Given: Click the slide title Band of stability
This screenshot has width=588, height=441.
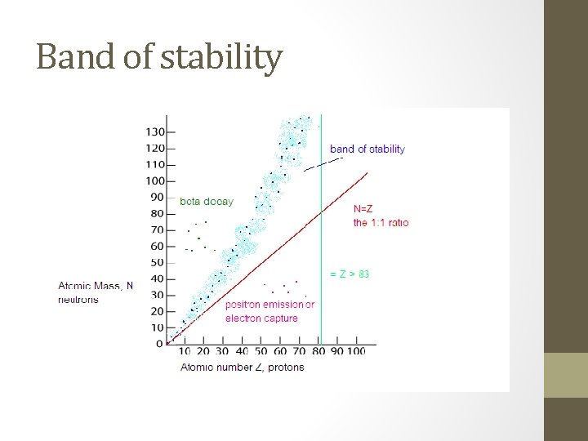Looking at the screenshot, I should point(159,57).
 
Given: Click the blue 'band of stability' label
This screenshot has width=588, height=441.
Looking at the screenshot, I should point(367,149).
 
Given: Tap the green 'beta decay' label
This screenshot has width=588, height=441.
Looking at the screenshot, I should point(206,201).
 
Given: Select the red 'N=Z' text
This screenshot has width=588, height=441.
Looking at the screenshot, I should point(363,209).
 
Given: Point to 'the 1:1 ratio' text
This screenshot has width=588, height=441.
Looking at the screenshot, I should point(381,222).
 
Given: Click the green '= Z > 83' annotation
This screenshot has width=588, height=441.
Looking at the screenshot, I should point(350,274).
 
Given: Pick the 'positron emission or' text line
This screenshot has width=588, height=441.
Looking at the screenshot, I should point(269,305).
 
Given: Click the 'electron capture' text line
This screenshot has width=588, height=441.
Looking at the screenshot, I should point(261,318).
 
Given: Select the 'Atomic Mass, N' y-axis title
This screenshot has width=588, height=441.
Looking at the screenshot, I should point(96,286).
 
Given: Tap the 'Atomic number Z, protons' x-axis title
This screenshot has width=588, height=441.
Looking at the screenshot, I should point(242,367).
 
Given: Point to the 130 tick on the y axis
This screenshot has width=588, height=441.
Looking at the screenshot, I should point(155,132).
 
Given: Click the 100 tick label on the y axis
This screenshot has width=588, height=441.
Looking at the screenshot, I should point(155,181).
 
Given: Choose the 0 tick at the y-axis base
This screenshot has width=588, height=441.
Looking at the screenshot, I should point(160,344).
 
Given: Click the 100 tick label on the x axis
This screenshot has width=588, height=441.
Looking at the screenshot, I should point(356,351).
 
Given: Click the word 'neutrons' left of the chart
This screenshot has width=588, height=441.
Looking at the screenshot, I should point(78,299).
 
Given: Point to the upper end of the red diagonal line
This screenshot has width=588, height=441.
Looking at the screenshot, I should point(367,174).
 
